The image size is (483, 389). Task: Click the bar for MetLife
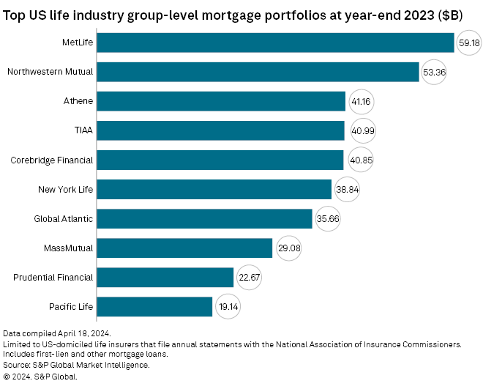point(276,42)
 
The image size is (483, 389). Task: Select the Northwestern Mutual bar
point(258,72)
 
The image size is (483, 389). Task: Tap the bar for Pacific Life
point(154,306)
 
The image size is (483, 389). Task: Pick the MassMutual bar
point(184,248)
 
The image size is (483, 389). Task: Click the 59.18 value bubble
point(469,42)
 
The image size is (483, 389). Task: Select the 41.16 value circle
point(359,101)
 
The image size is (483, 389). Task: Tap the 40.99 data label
point(359,130)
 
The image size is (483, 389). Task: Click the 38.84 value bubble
point(345,189)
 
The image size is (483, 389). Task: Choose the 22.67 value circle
point(247,277)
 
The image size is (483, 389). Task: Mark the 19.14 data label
point(226,306)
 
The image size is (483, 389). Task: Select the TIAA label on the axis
point(83,130)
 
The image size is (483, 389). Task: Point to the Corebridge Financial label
point(52,160)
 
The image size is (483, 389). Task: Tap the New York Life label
point(66,189)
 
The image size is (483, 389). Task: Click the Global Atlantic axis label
point(64,218)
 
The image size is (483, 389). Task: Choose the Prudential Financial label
point(53,277)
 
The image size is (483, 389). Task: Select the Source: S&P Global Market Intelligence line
point(76,365)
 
